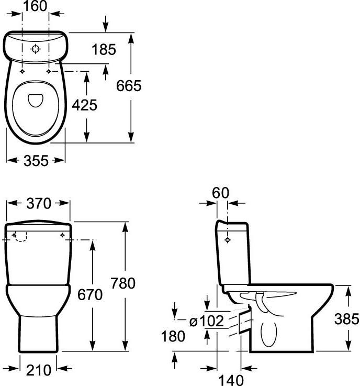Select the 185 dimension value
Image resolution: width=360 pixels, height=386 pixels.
tap(104, 49)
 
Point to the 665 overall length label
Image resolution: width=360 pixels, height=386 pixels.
tap(129, 86)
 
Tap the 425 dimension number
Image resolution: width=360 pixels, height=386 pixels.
tap(85, 105)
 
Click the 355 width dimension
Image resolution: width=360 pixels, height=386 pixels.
tap(36, 161)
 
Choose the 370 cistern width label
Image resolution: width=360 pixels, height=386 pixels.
tap(39, 204)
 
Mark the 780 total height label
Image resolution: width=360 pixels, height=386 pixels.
tap(123, 283)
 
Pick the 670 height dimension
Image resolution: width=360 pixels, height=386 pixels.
tap(90, 295)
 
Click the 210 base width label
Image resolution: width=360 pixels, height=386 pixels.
tap(39, 370)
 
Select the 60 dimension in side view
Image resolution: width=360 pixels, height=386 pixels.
tap(221, 193)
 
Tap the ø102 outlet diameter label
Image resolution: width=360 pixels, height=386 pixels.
tap(207, 321)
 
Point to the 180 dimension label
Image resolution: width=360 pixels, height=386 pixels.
tap(173, 336)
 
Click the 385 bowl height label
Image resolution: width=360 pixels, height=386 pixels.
tap(347, 319)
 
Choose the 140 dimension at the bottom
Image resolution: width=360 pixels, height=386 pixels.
tap(231, 380)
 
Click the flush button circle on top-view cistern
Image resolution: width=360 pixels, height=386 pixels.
tap(36, 49)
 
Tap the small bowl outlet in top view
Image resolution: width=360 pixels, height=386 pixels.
tap(36, 101)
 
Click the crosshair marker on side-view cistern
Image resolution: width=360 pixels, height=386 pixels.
tap(228, 239)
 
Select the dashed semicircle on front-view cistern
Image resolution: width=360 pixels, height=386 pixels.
tap(20, 237)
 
